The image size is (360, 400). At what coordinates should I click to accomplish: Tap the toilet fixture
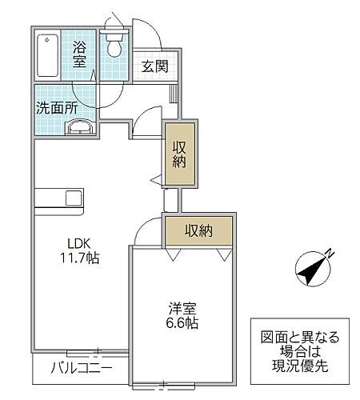click(x=115, y=45)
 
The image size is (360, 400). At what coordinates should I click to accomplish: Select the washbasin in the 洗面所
click(x=81, y=126)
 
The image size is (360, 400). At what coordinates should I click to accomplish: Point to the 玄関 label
click(x=156, y=66)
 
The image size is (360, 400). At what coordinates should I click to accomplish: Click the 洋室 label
click(x=181, y=308)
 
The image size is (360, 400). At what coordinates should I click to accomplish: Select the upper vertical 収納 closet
click(x=178, y=154)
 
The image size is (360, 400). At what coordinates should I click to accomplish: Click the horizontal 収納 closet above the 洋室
click(x=198, y=231)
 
